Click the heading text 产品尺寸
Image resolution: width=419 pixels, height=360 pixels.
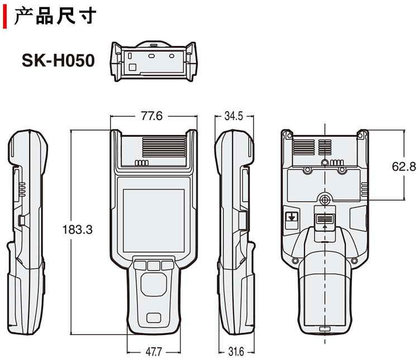coord(56,17)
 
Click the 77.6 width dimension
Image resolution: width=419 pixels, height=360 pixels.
coord(151,116)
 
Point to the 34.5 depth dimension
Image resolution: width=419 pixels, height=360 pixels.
coord(233,116)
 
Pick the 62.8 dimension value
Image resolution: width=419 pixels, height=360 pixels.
coord(404,166)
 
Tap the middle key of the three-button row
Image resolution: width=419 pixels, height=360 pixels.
coord(154,265)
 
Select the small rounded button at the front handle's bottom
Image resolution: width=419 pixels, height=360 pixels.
coord(154,319)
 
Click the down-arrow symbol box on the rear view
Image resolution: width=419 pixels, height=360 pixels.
coord(291,220)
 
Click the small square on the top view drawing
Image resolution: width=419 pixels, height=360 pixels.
coord(132,67)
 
